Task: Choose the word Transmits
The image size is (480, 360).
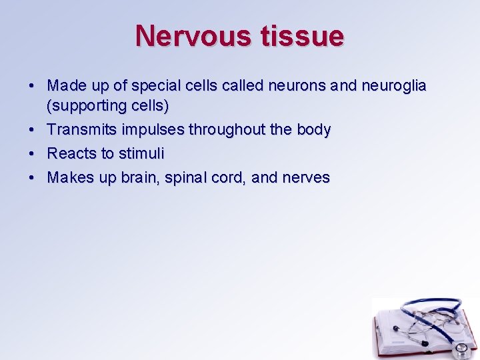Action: click(x=82, y=129)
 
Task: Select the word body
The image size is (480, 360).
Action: click(x=313, y=129)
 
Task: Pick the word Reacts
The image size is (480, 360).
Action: click(x=72, y=153)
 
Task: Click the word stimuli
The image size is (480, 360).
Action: click(x=141, y=153)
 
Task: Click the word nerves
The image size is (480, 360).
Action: click(x=307, y=177)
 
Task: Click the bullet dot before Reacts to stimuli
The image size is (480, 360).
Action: click(x=32, y=153)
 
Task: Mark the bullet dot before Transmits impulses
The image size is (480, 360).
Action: click(x=32, y=129)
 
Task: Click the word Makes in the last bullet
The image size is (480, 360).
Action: click(x=71, y=177)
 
